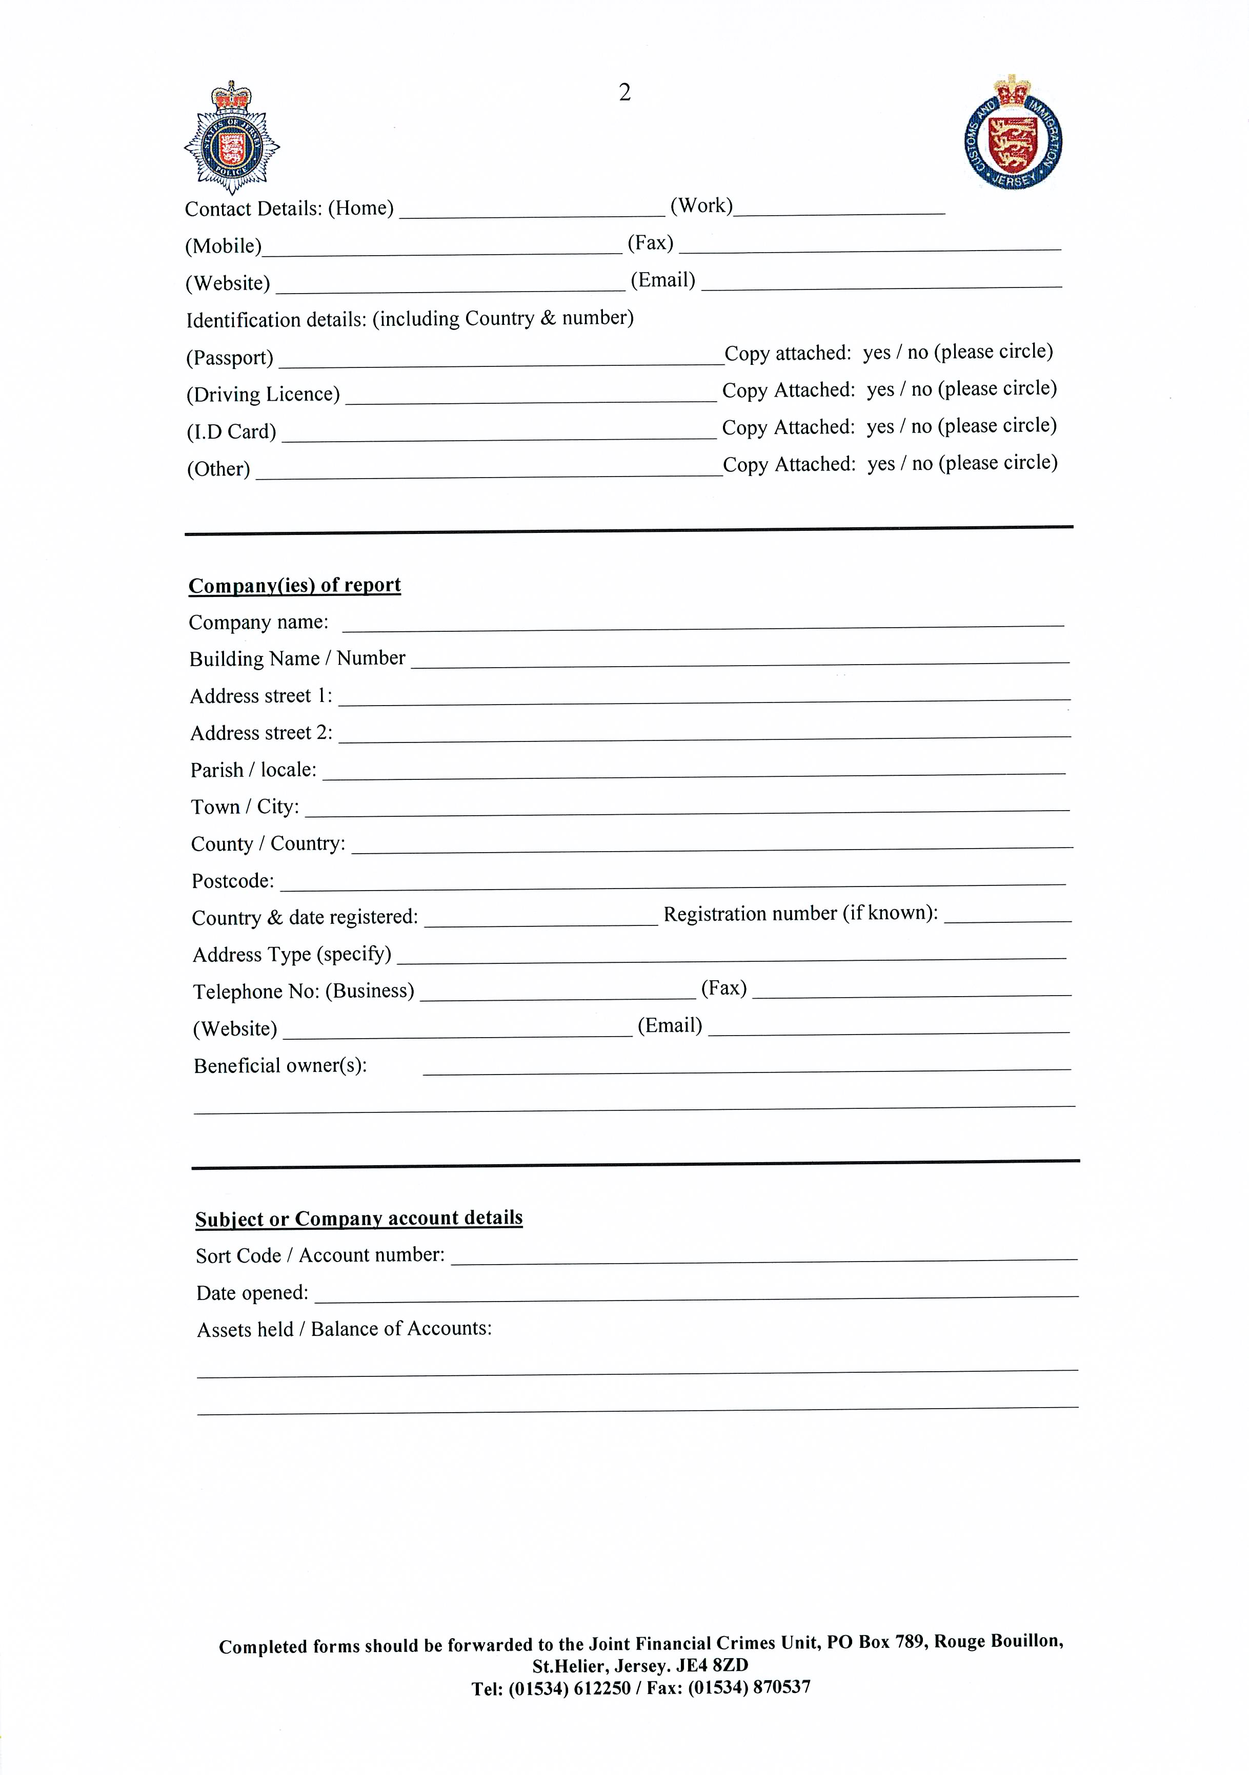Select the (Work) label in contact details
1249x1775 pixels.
pos(701,205)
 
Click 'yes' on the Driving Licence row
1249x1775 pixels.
pos(880,389)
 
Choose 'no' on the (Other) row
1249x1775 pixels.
pos(922,464)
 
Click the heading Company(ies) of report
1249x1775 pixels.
pos(295,585)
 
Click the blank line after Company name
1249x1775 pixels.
pos(702,625)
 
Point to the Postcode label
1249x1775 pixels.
pos(233,881)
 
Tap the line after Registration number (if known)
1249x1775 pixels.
pos(1007,917)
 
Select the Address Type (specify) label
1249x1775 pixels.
pos(292,955)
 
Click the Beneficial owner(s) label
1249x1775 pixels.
pos(280,1066)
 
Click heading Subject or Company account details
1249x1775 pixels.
pos(359,1219)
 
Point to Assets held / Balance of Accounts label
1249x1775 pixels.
pos(344,1329)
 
